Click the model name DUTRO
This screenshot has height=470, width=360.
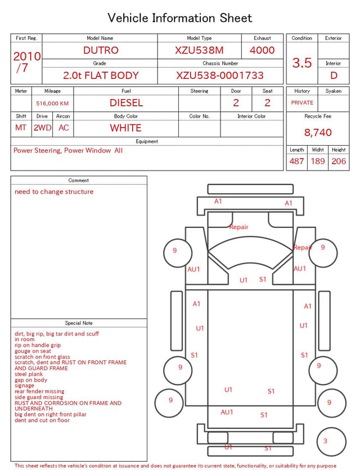click(101, 50)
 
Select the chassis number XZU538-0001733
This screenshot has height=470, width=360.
click(220, 75)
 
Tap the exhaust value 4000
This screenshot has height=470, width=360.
click(262, 50)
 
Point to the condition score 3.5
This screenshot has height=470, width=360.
click(302, 63)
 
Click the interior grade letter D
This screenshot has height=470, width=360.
click(334, 75)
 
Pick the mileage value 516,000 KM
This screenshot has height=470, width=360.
click(52, 104)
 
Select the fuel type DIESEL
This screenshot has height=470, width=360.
click(127, 103)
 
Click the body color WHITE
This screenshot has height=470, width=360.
click(125, 128)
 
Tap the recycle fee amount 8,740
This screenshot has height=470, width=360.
click(318, 132)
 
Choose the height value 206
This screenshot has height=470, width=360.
click(339, 161)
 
